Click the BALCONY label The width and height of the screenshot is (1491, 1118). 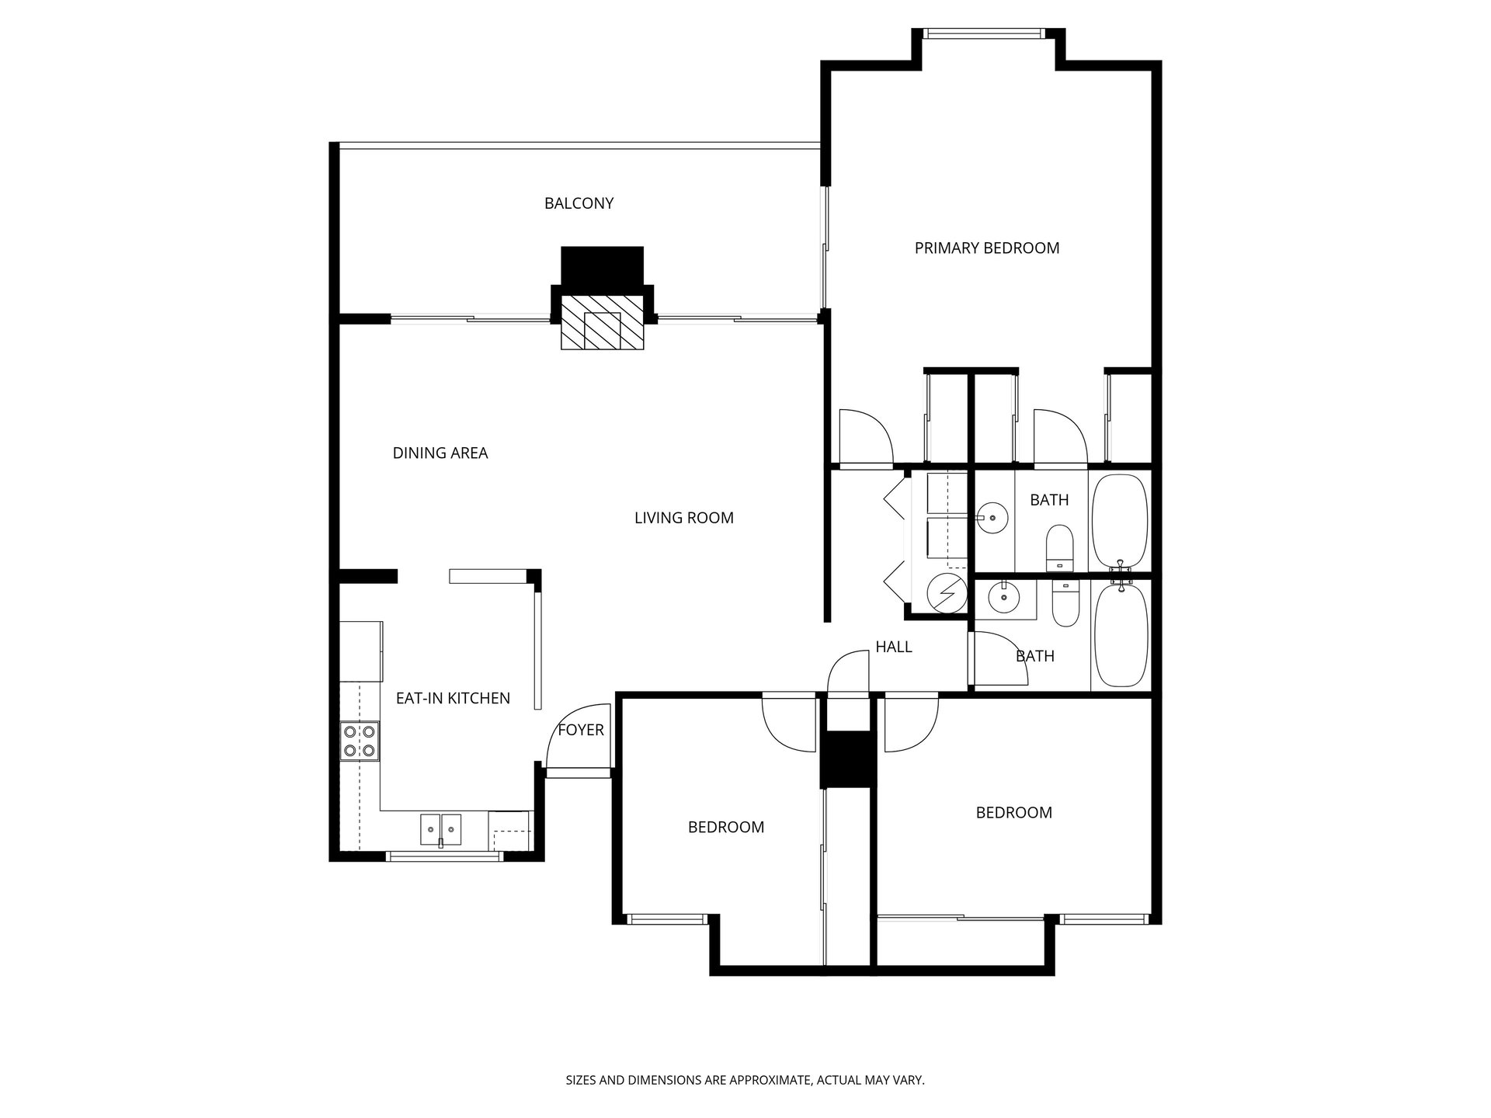point(579,203)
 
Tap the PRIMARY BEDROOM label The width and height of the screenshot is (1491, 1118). point(986,248)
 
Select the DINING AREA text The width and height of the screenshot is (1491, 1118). point(440,453)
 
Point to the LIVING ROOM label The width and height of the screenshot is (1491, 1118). point(683,518)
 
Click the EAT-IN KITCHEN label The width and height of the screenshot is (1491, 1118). point(453,699)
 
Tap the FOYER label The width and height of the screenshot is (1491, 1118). point(581,731)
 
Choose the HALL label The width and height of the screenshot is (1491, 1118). point(894,647)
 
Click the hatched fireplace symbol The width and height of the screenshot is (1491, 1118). point(603,321)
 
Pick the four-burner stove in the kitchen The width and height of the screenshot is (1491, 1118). point(360,741)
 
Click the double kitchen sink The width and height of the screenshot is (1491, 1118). point(440,829)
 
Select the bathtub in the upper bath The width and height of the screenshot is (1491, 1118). point(1120,522)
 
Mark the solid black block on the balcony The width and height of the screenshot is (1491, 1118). point(603,266)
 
